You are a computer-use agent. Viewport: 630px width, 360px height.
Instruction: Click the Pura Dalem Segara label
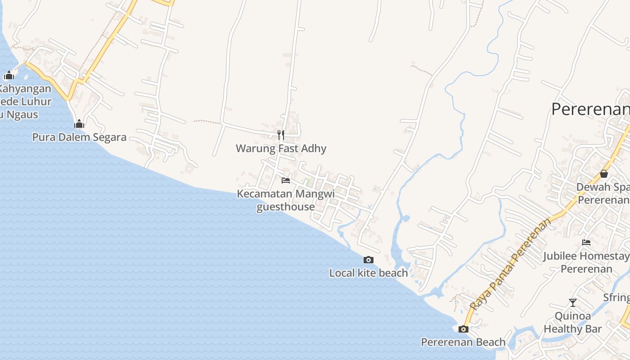pos(79,137)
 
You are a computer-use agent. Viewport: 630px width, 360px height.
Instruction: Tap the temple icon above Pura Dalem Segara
pos(79,124)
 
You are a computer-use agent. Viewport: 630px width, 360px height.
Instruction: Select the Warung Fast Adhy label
pos(281,148)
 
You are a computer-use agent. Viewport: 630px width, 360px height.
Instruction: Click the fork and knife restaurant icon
pos(280,135)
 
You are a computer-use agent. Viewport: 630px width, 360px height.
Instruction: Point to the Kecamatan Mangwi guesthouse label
pos(286,200)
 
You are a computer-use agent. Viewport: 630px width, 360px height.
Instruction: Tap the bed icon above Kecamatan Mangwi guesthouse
pos(285,180)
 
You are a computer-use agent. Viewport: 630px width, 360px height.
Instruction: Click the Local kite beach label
pos(369,273)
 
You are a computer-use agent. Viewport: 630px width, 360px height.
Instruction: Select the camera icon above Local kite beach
pos(369,260)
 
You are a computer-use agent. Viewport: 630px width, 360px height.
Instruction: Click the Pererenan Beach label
pos(463,342)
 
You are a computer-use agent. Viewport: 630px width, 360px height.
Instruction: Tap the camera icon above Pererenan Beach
pos(463,329)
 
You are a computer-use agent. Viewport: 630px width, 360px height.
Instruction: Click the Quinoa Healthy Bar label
pos(572,322)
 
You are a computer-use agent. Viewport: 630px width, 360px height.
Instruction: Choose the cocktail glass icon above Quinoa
pos(572,302)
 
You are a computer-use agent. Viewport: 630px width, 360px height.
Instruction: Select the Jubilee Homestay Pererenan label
pos(586,262)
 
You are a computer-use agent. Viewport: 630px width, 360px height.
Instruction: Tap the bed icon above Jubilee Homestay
pos(586,243)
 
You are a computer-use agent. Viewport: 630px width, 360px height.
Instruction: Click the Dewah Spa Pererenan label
pos(603,193)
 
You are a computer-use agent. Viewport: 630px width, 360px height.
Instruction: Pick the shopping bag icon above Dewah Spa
pos(603,174)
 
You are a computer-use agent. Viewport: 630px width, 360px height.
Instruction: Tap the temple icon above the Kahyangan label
pos(9,75)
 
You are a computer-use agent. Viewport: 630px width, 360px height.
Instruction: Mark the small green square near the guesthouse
pos(307,182)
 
